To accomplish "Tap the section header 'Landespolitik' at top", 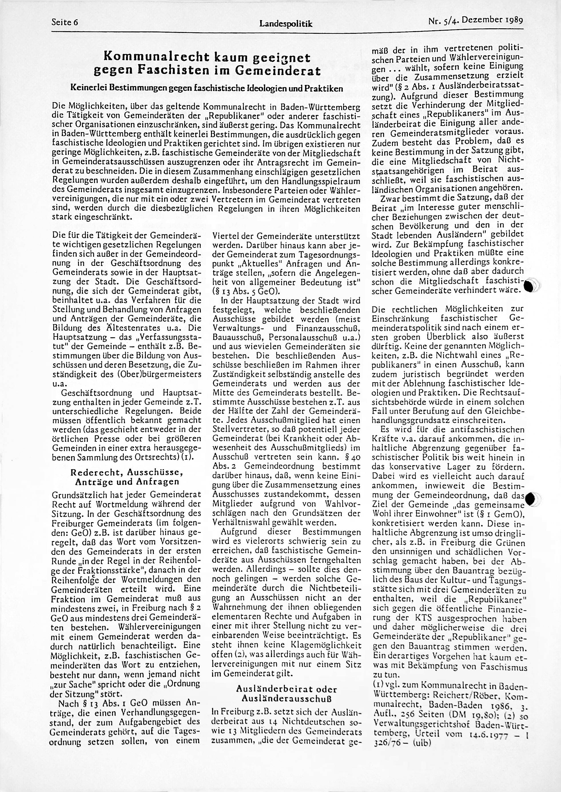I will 286,23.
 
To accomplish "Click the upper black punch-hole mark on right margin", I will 529,286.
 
